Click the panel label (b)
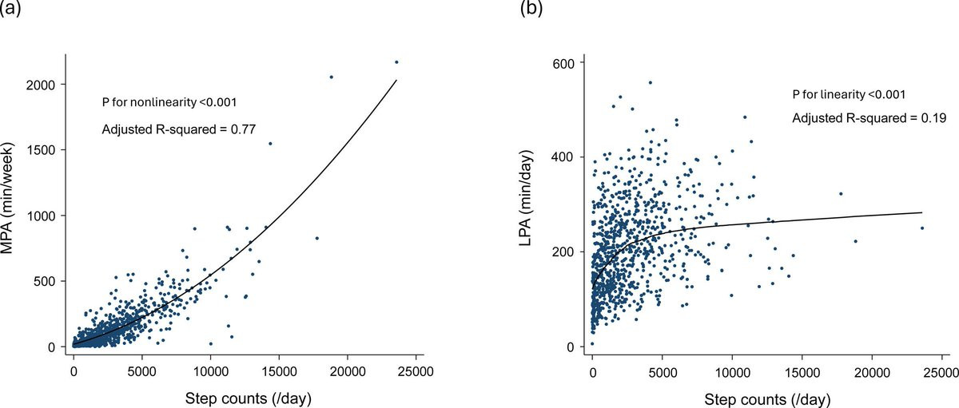(531, 10)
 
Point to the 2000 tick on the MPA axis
(46, 85)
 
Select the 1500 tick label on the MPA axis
(46, 150)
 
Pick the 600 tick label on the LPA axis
(569, 62)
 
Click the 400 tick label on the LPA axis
(569, 157)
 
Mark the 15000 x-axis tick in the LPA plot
(800, 370)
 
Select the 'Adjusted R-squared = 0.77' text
(178, 129)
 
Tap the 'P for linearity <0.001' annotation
(859, 94)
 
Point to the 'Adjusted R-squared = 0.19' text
(869, 119)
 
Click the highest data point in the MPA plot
(396, 61)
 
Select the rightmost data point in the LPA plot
(921, 228)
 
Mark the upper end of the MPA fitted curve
(396, 80)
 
